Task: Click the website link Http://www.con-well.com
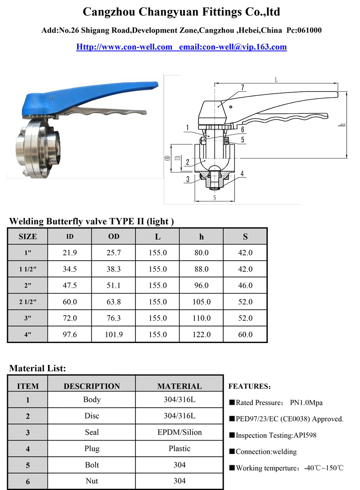tap(124, 47)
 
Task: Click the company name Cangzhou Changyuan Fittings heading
tap(181, 12)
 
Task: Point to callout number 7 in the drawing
tap(243, 88)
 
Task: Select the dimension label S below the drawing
tap(215, 197)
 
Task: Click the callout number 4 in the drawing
tap(242, 174)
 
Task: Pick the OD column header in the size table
tap(113, 236)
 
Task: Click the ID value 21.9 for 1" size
tap(70, 253)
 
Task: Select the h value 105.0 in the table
tap(202, 302)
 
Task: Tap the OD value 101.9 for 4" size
tap(113, 335)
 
